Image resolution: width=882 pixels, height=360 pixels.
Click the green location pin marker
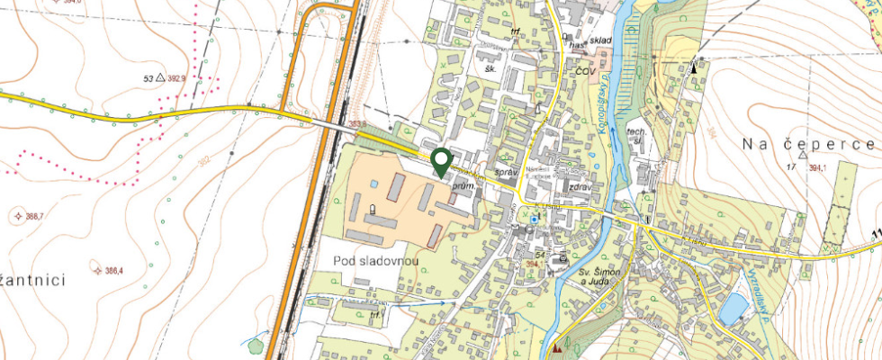441,161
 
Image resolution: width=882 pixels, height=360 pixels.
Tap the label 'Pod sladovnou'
373,259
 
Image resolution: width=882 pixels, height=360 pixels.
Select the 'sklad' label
601,41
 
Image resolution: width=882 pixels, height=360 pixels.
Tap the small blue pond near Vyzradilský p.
733,310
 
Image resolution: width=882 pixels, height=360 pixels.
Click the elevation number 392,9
195,79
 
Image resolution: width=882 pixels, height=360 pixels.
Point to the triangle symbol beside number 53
160,79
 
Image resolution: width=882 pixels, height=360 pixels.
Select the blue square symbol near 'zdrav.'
534,219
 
